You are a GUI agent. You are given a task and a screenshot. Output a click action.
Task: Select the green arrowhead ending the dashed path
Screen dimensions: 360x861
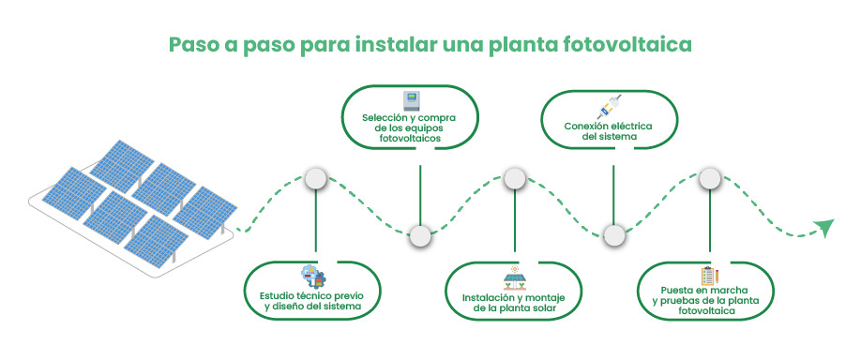[x=823, y=228]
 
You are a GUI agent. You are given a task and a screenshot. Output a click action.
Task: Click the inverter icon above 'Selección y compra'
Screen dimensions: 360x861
[x=410, y=100]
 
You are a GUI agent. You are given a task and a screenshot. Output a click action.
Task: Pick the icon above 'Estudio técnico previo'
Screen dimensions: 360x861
[x=312, y=277]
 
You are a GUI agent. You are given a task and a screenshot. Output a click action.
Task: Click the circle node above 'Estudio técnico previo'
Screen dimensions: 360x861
[x=316, y=179]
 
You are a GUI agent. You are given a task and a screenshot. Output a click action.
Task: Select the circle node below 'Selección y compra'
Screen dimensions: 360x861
[x=420, y=235]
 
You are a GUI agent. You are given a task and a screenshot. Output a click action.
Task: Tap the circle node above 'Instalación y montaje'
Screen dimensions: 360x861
[x=513, y=178]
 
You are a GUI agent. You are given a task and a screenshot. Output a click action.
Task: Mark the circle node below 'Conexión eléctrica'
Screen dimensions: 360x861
[x=613, y=234]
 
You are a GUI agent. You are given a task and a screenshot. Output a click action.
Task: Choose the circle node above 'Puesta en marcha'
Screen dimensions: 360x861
[x=710, y=178]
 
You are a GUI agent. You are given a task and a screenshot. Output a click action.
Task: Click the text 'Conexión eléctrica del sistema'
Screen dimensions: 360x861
[x=608, y=130]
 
